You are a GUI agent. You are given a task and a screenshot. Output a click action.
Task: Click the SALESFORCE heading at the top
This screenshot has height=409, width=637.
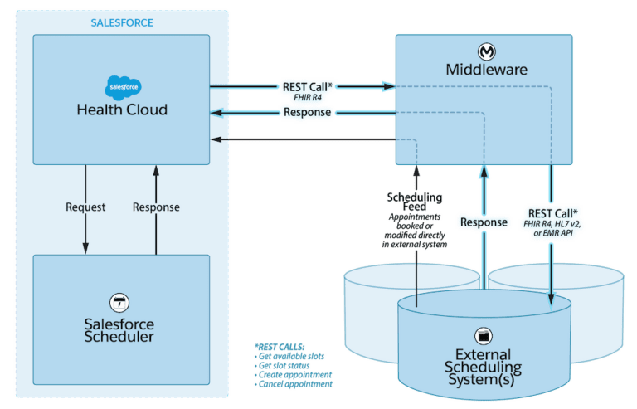click(x=122, y=22)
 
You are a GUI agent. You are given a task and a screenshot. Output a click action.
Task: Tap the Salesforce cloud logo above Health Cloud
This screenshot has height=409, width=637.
click(x=122, y=86)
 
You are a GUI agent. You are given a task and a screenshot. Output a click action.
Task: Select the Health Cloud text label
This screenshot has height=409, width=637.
click(x=122, y=110)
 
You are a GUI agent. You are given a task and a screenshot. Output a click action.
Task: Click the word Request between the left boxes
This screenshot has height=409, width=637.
click(x=85, y=207)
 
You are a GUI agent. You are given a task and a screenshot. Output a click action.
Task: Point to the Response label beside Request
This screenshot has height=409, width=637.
click(x=156, y=207)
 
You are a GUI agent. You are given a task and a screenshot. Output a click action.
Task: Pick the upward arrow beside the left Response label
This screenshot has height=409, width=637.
click(x=156, y=174)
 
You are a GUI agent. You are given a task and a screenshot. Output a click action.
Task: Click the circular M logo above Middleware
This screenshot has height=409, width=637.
click(x=486, y=51)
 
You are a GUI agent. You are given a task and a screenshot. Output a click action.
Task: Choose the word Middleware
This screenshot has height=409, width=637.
click(x=487, y=70)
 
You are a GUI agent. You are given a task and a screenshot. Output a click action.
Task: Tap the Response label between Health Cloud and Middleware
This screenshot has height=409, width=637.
click(x=308, y=112)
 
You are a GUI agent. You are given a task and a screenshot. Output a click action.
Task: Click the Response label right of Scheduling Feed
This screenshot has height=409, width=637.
click(x=483, y=222)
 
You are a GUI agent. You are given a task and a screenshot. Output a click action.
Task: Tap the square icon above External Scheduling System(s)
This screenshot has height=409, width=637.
click(x=483, y=336)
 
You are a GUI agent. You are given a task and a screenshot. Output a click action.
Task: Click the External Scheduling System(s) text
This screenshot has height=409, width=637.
click(x=483, y=366)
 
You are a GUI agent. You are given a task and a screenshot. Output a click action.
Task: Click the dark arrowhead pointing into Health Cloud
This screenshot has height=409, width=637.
click(x=217, y=139)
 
